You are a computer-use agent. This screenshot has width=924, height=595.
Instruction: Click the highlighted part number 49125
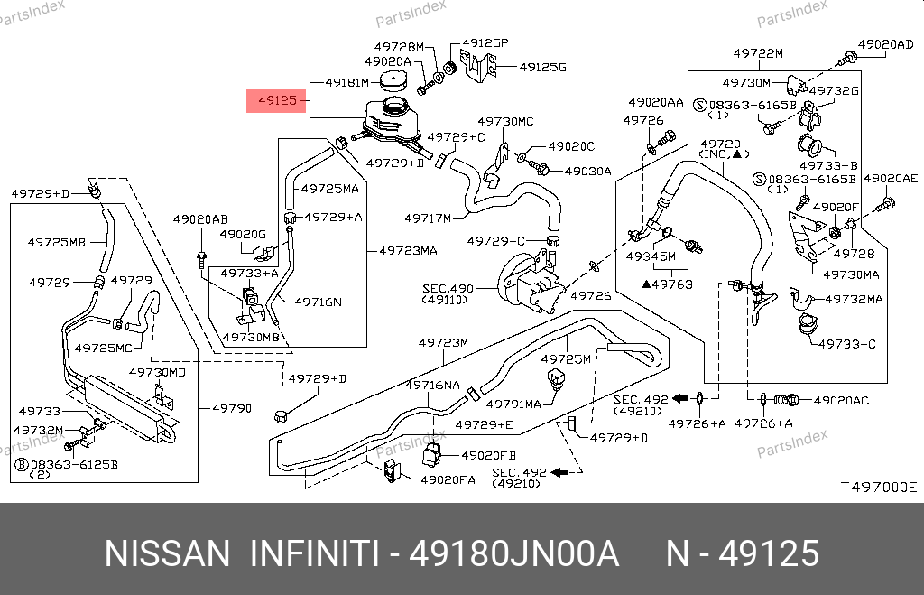coord(276,99)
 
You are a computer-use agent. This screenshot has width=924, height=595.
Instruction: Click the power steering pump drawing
coord(532,280)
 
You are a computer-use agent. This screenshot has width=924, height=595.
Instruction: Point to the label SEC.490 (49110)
coord(448,294)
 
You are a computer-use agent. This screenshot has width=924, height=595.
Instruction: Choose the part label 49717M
coord(427,218)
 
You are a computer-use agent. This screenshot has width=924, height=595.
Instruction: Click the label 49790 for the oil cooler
coord(231,408)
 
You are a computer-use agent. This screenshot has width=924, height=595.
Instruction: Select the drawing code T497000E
coord(878,488)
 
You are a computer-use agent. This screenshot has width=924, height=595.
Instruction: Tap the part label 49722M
coord(757,53)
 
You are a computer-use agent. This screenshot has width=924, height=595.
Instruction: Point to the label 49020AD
coord(885,44)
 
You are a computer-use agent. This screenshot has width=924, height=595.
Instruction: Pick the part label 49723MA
coord(408,250)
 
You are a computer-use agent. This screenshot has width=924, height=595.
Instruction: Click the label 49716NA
coord(433,386)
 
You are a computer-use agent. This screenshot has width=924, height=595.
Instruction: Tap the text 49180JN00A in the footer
coord(514,553)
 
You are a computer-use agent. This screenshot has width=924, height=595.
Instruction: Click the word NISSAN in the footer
coord(167,553)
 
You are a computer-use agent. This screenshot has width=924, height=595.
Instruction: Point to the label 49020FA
coord(448,479)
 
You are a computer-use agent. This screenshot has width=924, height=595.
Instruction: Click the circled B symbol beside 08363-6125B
coord(21,464)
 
